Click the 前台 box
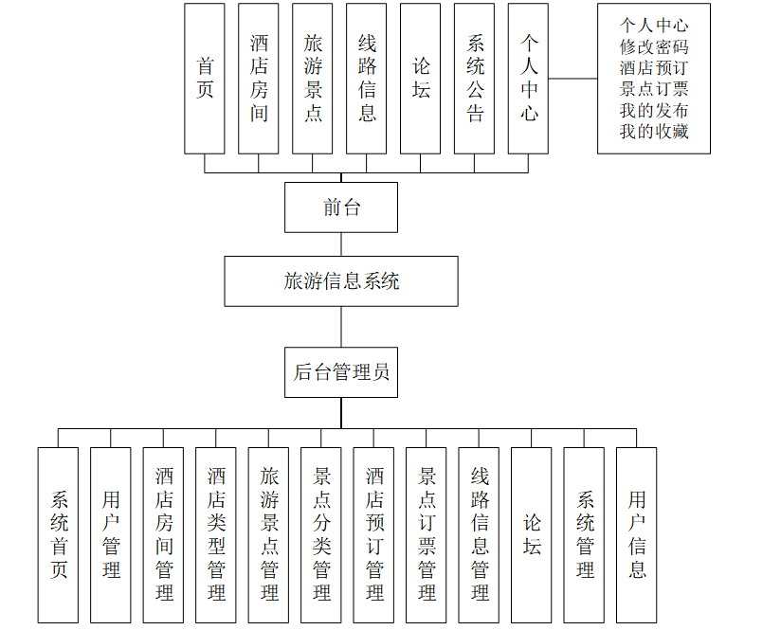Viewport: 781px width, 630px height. point(341,207)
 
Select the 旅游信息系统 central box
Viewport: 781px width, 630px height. point(341,280)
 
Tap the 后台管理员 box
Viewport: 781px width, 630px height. point(341,372)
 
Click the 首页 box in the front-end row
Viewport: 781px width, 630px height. point(205,79)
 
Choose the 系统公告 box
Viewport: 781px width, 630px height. point(475,79)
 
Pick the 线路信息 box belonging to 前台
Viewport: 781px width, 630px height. point(367,79)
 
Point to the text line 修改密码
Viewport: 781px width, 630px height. point(654,45)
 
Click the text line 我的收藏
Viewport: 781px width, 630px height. point(654,132)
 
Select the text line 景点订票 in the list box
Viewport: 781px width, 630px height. point(654,89)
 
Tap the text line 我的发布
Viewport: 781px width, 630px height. point(654,110)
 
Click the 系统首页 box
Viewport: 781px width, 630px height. point(59,534)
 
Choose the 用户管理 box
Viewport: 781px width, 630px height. point(111,534)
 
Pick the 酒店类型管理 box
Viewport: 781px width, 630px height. point(216,534)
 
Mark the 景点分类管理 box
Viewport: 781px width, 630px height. point(321,534)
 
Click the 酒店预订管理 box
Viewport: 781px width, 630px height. point(374,534)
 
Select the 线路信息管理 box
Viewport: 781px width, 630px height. point(480,534)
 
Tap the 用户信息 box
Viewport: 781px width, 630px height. point(637,534)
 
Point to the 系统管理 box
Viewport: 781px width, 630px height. point(585,534)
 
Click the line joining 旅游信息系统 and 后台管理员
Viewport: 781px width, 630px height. point(341,327)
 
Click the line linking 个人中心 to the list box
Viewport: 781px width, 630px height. point(572,79)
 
